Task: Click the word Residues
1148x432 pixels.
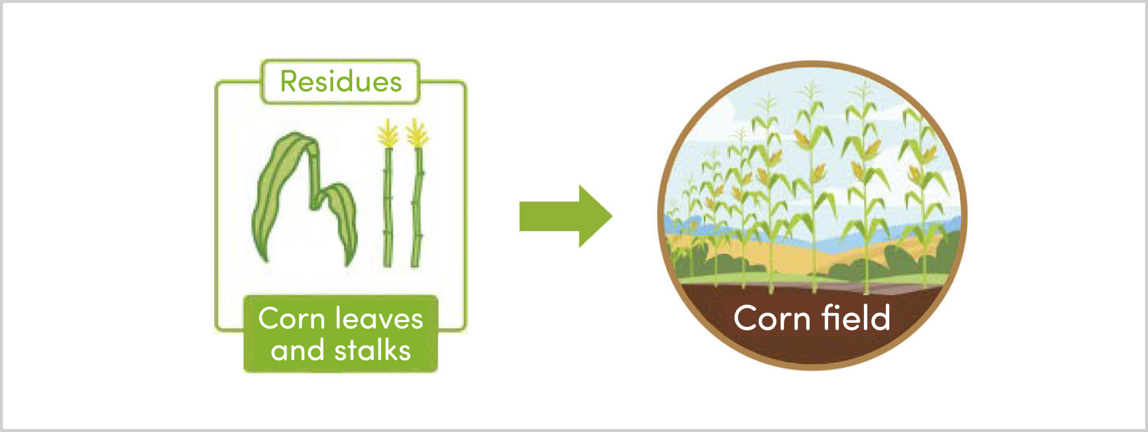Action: (x=341, y=82)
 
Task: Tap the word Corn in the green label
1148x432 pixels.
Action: (x=291, y=318)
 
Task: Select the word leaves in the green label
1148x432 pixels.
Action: (x=378, y=318)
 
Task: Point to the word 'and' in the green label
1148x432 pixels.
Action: (x=298, y=350)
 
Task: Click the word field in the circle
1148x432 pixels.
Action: (x=856, y=317)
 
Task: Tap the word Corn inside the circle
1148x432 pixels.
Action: (x=772, y=318)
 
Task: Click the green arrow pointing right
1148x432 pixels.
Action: (x=566, y=216)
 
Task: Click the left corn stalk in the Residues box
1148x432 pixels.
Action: (x=387, y=206)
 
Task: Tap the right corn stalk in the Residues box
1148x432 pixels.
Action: (x=417, y=206)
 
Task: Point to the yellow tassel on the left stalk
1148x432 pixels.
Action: (x=388, y=133)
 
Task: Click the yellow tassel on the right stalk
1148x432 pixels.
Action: (x=417, y=133)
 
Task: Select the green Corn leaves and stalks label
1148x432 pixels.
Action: (x=341, y=333)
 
